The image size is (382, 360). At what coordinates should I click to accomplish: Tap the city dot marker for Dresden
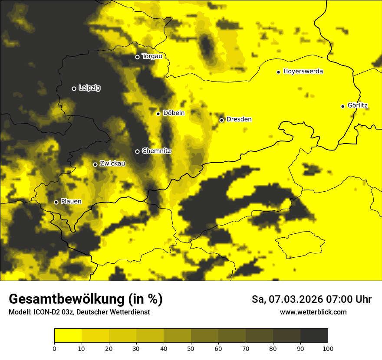click(x=221, y=120)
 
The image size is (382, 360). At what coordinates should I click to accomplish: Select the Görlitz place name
click(x=358, y=105)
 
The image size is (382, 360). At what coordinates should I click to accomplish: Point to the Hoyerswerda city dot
click(x=279, y=72)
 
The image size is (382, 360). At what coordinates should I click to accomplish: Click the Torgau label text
click(x=152, y=56)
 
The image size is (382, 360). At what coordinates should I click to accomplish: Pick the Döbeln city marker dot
click(x=158, y=114)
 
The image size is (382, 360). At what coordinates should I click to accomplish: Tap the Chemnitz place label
click(x=156, y=151)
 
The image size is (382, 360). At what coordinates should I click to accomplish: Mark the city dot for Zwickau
click(x=95, y=164)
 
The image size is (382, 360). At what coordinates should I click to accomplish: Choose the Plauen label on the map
click(x=71, y=202)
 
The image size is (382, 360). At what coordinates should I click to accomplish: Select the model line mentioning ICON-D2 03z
click(x=79, y=312)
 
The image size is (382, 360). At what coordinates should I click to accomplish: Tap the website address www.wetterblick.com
click(x=313, y=312)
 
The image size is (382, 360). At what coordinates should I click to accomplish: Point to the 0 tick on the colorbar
click(x=54, y=348)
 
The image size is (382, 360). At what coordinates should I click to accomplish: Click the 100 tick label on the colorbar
click(x=328, y=348)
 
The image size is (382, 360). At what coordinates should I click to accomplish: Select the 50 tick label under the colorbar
click(x=191, y=348)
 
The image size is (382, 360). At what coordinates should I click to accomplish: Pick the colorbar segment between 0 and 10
click(x=68, y=335)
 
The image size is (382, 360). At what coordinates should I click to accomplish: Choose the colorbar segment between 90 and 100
click(x=314, y=335)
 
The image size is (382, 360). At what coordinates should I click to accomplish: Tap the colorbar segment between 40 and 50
click(x=177, y=335)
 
